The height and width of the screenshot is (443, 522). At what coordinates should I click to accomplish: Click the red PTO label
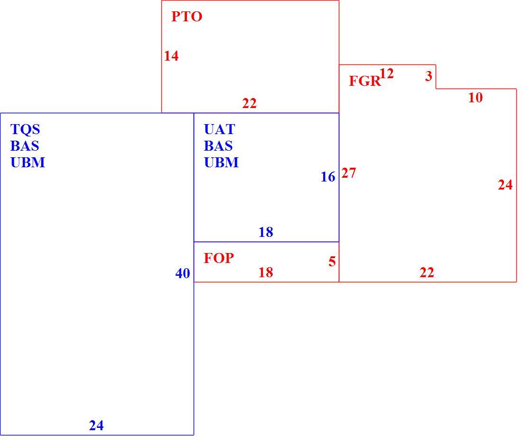[187, 17]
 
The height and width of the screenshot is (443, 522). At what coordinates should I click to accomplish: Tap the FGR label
[364, 81]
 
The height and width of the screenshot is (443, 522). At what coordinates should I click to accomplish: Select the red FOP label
[219, 258]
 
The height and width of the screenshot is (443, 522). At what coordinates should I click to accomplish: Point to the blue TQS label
[25, 129]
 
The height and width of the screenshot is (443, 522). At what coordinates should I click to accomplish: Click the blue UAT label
[220, 129]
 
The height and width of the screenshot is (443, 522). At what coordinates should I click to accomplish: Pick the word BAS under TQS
[25, 146]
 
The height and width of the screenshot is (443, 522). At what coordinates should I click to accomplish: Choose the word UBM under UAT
[222, 163]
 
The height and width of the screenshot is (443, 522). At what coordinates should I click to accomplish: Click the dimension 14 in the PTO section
[171, 56]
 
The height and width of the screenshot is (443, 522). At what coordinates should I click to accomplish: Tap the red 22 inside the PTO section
[249, 104]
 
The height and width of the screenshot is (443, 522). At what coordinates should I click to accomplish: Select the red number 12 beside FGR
[386, 73]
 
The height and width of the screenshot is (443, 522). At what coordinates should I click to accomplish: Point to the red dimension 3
[429, 76]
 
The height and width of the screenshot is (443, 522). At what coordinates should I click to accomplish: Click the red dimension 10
[475, 98]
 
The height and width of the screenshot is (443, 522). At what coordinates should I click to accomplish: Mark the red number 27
[349, 173]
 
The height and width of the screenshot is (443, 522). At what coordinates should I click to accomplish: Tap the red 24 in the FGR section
[505, 185]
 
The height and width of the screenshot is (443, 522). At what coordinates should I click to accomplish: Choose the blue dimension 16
[328, 177]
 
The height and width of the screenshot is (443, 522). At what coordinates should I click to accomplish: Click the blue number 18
[266, 232]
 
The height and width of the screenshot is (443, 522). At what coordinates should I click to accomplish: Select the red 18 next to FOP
[266, 272]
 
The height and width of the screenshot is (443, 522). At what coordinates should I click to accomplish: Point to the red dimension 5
[332, 262]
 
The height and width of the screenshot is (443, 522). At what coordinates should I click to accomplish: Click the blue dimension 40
[183, 273]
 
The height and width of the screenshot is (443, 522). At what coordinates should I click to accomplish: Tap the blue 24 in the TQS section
[96, 426]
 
